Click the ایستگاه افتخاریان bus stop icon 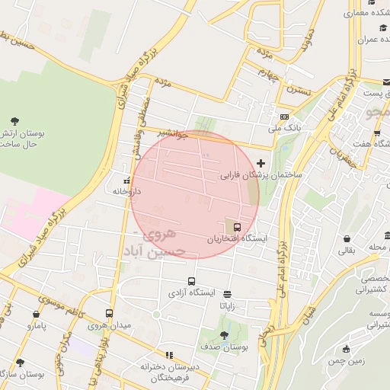pos(238,226)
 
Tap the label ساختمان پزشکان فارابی pos(262,175)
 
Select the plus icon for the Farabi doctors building pos(262,163)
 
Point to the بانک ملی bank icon pos(284,117)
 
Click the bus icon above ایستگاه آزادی pos(191,280)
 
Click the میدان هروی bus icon pos(109,313)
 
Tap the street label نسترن pos(299,89)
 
